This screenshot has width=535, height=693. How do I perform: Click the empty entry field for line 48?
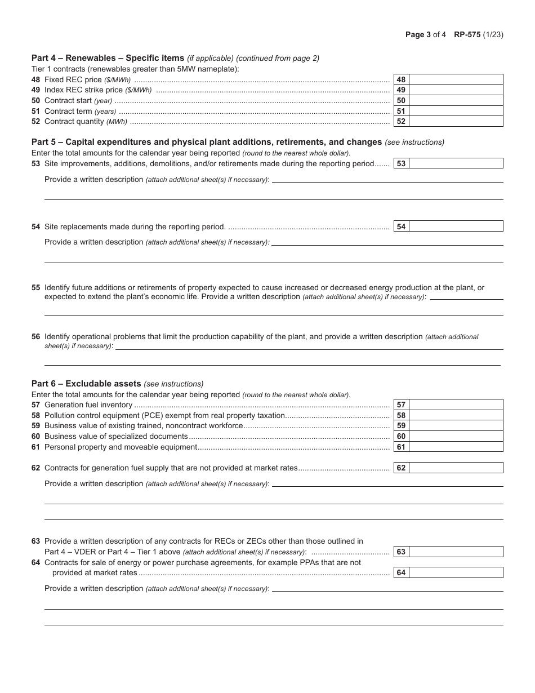[456, 79]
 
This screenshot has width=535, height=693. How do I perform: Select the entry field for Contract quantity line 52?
[456, 121]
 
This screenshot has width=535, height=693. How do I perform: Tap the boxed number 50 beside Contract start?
[401, 100]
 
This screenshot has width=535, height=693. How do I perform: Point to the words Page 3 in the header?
[418, 34]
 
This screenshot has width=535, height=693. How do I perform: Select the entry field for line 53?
[456, 163]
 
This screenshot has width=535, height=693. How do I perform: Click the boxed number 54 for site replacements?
[401, 226]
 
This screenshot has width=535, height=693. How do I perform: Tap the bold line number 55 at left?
[36, 287]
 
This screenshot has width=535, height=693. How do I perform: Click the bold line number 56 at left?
[36, 336]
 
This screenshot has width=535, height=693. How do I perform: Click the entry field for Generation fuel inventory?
[456, 405]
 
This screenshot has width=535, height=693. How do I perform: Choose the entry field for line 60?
[456, 436]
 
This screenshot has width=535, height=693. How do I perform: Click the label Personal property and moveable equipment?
[121, 447]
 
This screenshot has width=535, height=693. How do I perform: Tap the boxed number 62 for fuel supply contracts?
[401, 468]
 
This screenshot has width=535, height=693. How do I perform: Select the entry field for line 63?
[456, 552]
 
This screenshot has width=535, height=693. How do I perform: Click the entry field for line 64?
[456, 572]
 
